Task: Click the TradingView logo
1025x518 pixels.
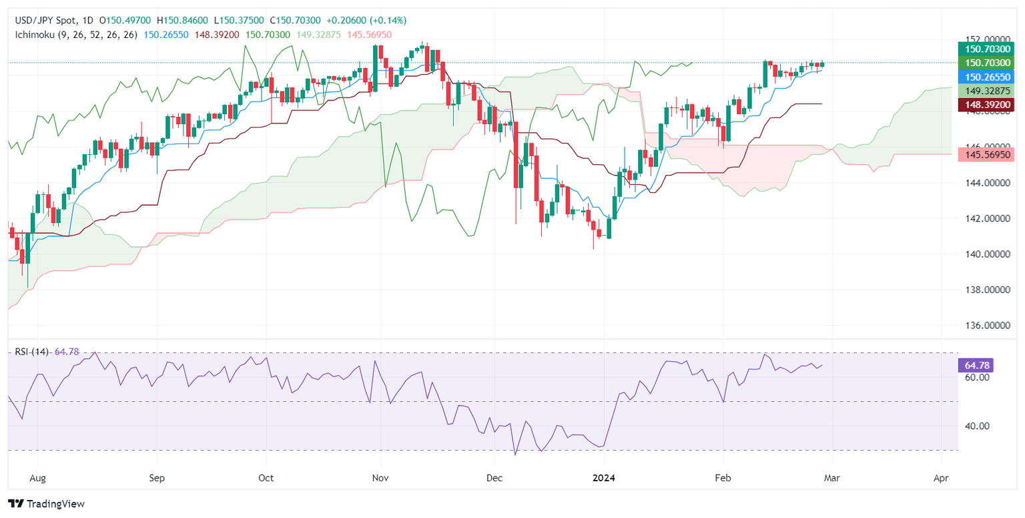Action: point(46,504)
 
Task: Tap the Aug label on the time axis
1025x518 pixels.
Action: point(38,478)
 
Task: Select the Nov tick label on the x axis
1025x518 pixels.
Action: point(380,478)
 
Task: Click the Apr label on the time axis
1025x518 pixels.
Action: point(942,478)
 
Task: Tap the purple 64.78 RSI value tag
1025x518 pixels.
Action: point(976,365)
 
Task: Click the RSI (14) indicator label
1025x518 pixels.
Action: point(33,352)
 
